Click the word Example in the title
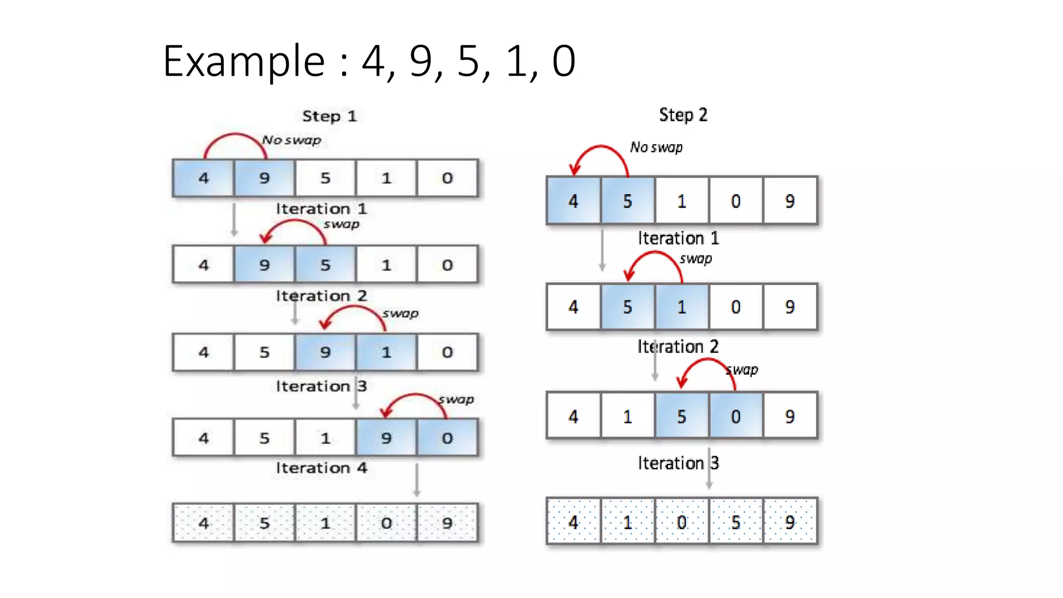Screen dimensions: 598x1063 click(x=243, y=61)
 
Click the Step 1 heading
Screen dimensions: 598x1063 click(x=329, y=116)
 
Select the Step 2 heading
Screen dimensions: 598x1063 click(x=683, y=115)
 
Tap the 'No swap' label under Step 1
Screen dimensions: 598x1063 click(x=291, y=140)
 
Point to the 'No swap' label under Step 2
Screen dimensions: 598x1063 click(x=656, y=147)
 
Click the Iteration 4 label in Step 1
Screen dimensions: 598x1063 click(x=321, y=468)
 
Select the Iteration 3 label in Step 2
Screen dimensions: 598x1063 click(x=678, y=463)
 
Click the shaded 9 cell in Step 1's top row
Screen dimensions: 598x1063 click(x=264, y=178)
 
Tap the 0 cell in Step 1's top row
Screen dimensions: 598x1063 click(x=447, y=178)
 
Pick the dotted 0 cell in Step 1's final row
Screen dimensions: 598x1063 click(x=386, y=523)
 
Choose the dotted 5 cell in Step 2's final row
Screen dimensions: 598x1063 click(x=735, y=522)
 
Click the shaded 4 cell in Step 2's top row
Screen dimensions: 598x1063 click(x=573, y=201)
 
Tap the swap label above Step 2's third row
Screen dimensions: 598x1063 click(x=743, y=370)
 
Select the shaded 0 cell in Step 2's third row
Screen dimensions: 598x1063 click(x=735, y=416)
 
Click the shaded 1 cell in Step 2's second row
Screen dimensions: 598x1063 click(x=682, y=307)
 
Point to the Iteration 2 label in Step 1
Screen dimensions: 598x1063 click(x=321, y=295)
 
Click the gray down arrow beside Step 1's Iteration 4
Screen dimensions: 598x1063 click(x=417, y=480)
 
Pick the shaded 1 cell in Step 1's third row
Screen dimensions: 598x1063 click(x=386, y=352)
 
